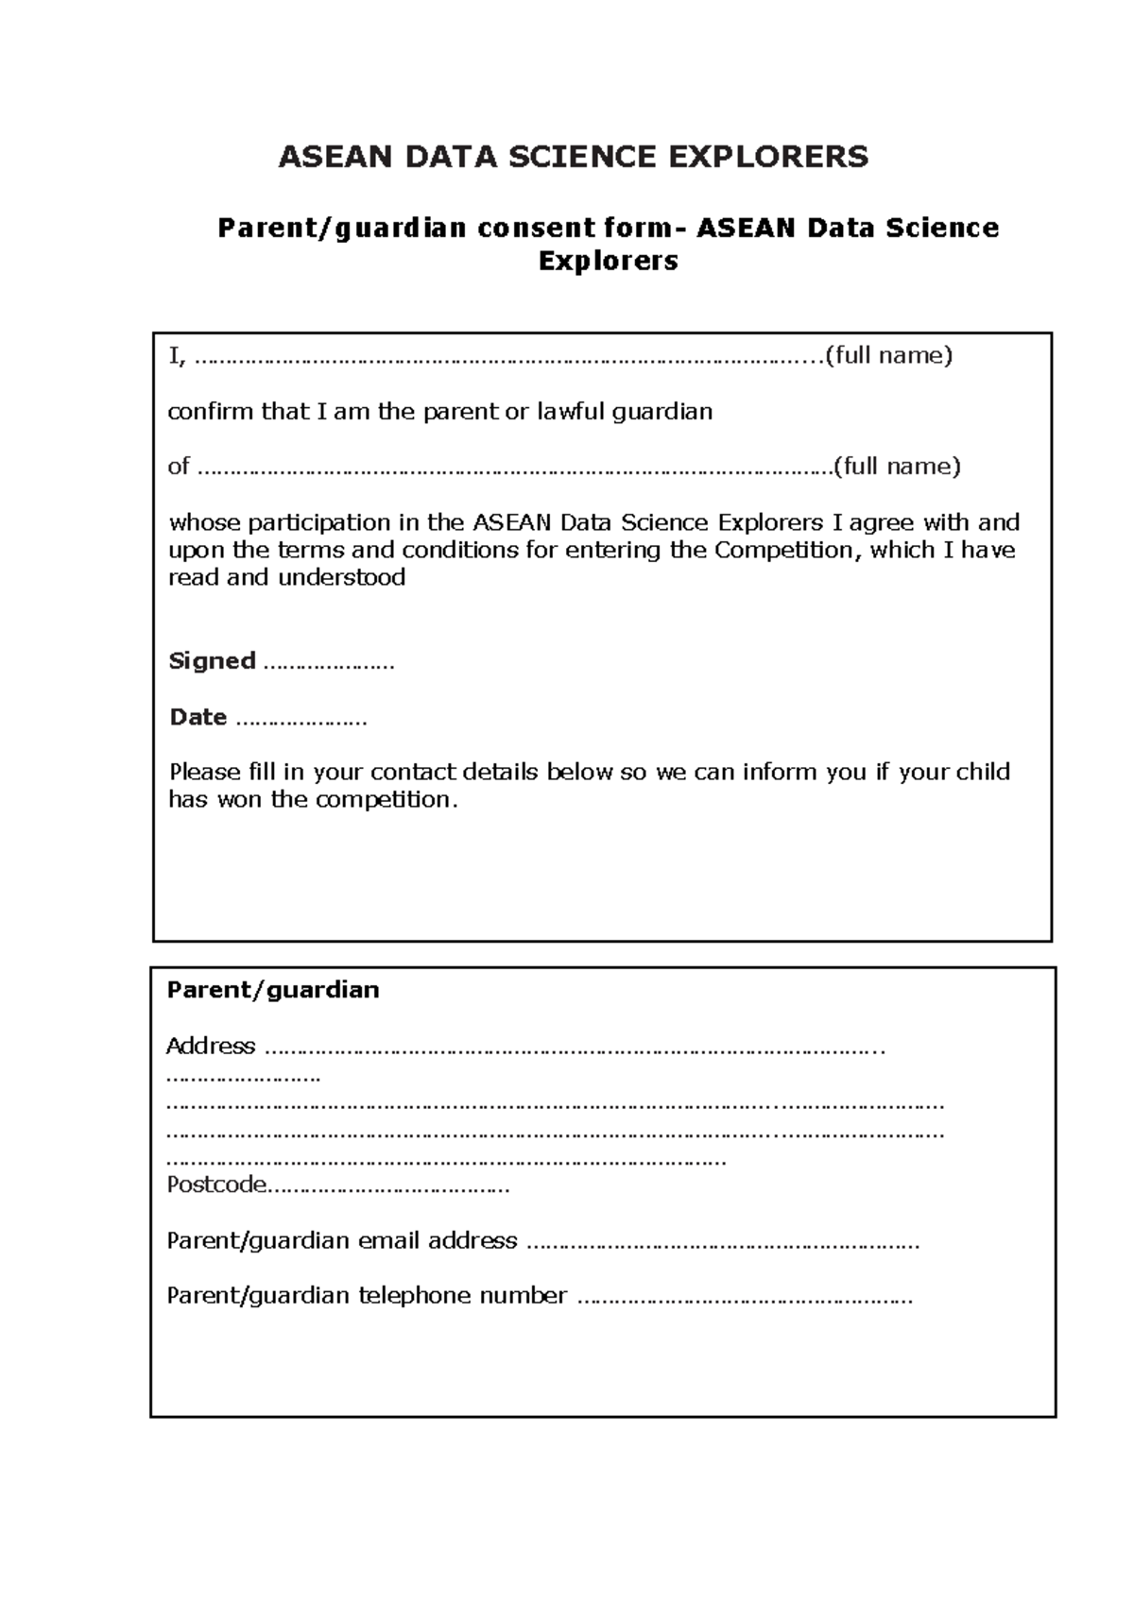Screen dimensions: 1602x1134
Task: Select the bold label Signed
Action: [212, 661]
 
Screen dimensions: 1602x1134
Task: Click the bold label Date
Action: [198, 718]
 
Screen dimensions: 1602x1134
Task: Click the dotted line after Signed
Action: [328, 665]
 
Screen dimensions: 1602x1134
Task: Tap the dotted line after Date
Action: [301, 722]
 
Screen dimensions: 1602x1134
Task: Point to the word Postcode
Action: [216, 1185]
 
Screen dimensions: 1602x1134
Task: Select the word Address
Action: [210, 1046]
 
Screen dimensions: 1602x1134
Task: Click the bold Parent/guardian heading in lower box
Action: [272, 990]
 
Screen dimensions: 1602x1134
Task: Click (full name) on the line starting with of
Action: [897, 467]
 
